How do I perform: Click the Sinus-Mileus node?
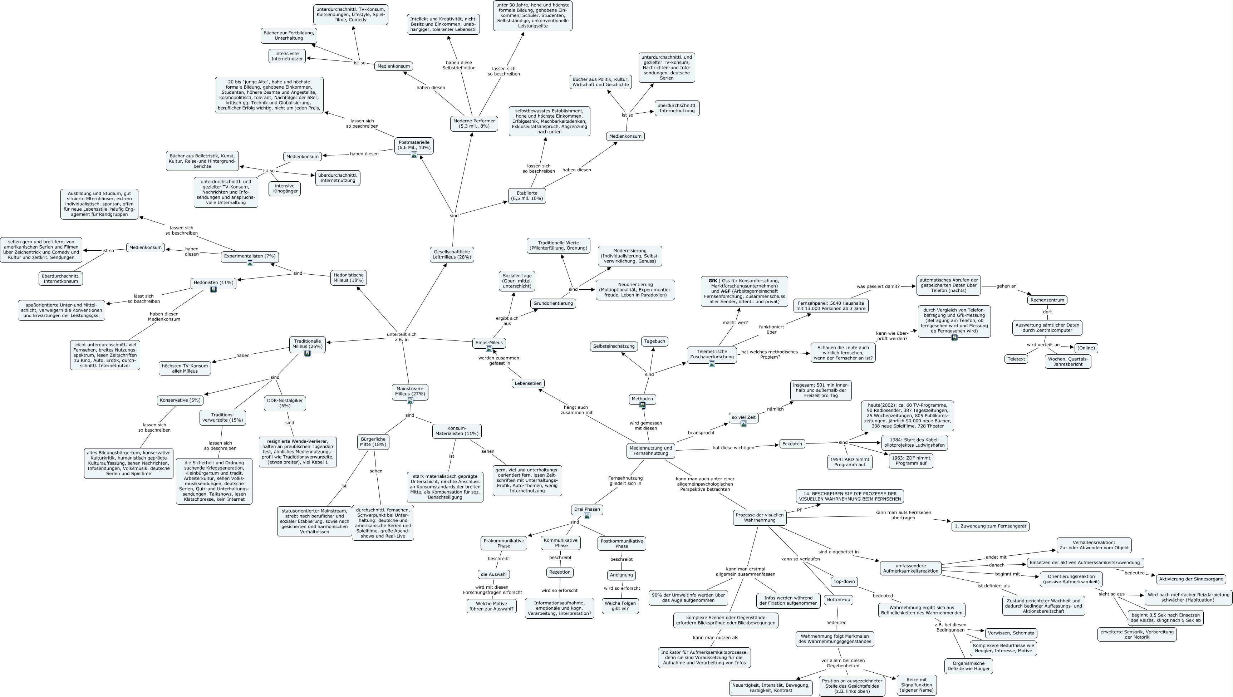[x=489, y=342]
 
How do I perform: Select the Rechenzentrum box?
[x=1047, y=300]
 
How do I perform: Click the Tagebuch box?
[x=654, y=341]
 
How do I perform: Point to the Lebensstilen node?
[x=528, y=383]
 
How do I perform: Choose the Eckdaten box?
[x=792, y=444]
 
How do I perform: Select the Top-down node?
[x=844, y=581]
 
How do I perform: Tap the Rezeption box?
[x=560, y=572]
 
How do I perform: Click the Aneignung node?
[x=621, y=575]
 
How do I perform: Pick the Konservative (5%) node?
[x=180, y=400]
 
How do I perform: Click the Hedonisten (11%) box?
[x=213, y=283]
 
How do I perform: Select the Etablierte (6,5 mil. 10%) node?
[x=526, y=196]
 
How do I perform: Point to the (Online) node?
[x=1086, y=348]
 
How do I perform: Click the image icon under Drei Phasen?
[x=587, y=516]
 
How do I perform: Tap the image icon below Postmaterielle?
[x=414, y=154]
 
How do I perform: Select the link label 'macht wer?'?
[x=735, y=323]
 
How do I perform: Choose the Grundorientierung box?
[x=553, y=304]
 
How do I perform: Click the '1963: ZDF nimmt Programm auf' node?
[x=910, y=461]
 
